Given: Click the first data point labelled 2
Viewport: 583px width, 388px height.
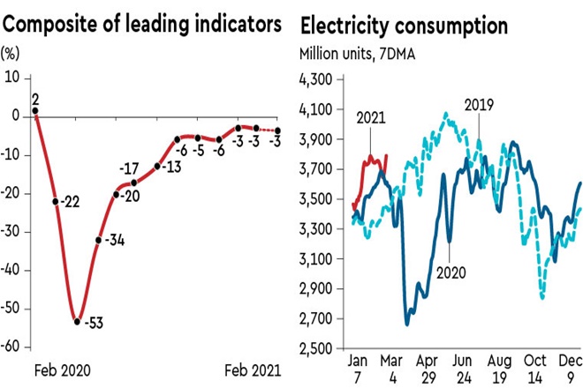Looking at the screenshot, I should coord(35,99).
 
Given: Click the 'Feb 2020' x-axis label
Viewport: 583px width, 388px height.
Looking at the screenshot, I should coord(61,369).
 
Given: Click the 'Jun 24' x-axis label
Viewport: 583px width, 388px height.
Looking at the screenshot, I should coord(458,369).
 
